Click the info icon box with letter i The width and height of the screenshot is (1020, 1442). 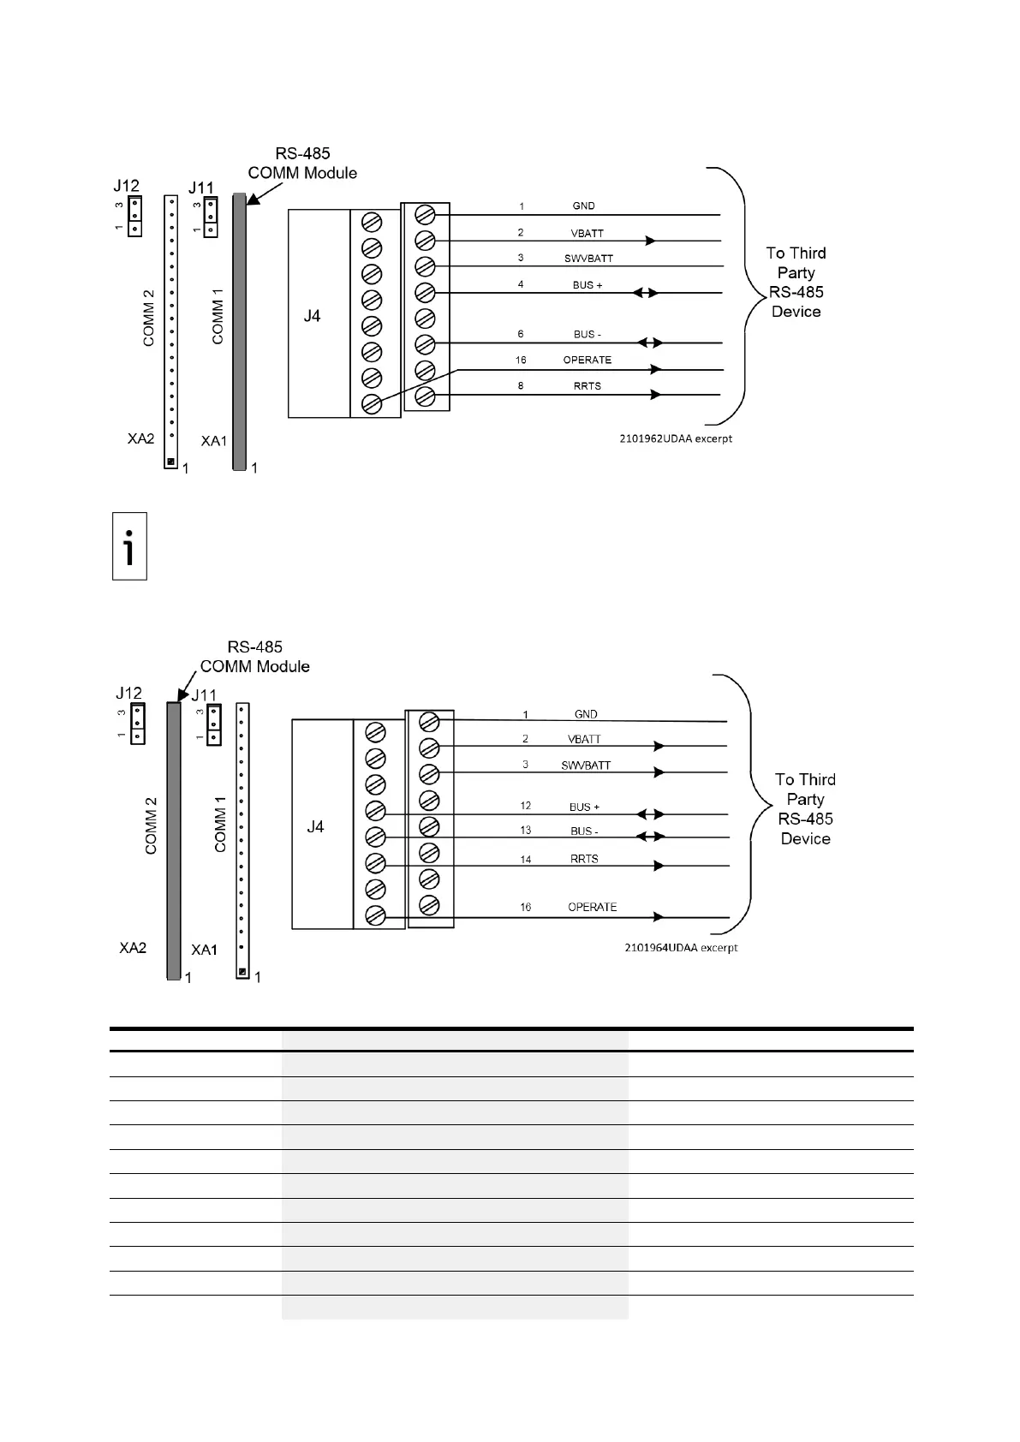pos(129,546)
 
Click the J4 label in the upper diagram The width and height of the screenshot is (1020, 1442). pos(312,316)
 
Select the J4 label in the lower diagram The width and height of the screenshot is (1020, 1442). pos(315,826)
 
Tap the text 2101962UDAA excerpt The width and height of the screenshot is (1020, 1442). pos(677,438)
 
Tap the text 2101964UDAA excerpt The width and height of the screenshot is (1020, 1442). pos(681,948)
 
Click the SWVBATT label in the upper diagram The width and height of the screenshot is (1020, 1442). pos(588,259)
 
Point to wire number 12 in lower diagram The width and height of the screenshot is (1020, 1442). pos(526,806)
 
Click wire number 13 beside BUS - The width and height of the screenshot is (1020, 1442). pos(526,831)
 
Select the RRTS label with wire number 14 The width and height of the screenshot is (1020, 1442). pos(584,859)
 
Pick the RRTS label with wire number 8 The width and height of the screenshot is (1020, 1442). pos(588,386)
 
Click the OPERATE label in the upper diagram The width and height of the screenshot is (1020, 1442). pos(588,360)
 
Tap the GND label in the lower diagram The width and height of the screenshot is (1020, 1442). pos(586,714)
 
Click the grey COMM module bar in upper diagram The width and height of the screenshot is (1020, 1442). pos(239,334)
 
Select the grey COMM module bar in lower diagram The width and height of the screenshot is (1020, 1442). pos(174,839)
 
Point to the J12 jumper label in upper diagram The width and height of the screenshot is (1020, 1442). pos(127,186)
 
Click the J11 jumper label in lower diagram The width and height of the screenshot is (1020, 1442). pos(204,695)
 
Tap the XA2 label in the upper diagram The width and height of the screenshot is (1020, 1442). pos(141,438)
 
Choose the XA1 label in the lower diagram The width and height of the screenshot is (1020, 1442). pos(205,950)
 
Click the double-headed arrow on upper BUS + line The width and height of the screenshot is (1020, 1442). pos(646,293)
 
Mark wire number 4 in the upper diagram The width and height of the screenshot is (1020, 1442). pos(521,284)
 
